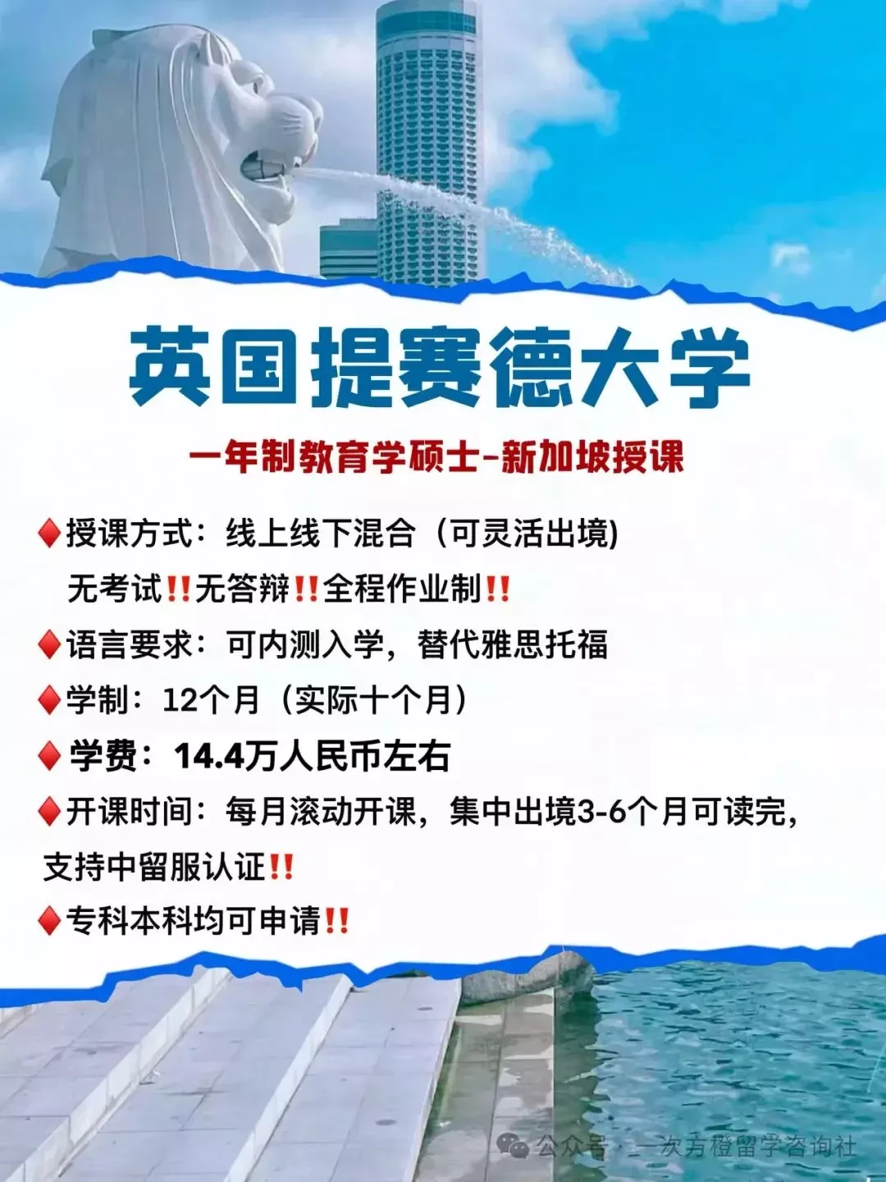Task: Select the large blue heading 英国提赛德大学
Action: (440, 367)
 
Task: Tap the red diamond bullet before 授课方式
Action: (49, 534)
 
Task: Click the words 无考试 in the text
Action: (115, 589)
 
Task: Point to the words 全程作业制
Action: (402, 589)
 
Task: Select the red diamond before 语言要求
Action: (49, 644)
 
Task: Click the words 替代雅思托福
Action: (513, 644)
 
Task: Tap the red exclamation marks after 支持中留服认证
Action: (281, 868)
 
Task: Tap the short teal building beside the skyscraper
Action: (348, 250)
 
